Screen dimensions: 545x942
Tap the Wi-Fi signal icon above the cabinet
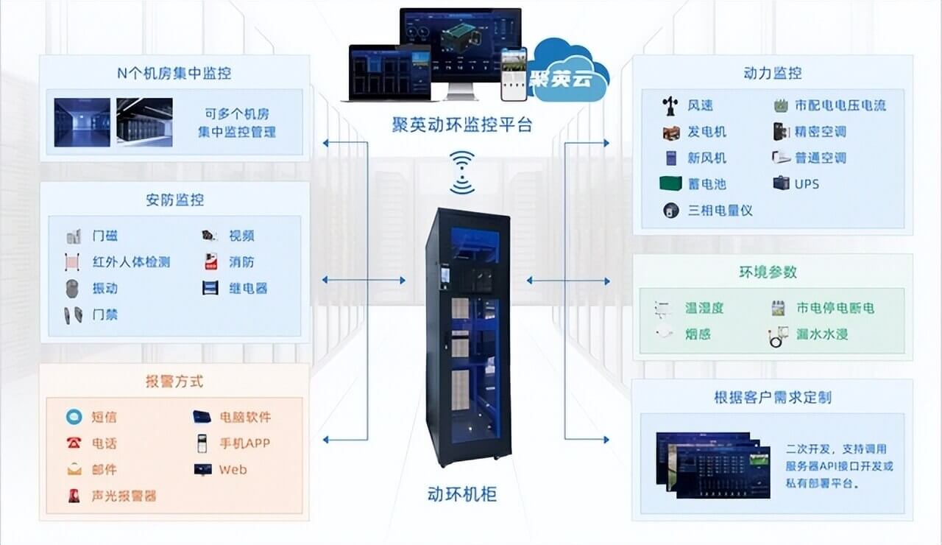[463, 172]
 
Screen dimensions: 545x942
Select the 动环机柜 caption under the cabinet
[461, 493]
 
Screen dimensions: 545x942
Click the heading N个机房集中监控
[174, 73]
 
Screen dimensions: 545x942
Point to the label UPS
[807, 183]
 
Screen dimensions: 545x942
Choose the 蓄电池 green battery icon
[670, 183]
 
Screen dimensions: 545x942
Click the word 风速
[700, 105]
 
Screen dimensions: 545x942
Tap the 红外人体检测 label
[131, 261]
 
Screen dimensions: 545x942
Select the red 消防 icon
[210, 261]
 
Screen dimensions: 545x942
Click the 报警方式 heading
[174, 381]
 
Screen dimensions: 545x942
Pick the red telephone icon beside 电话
[74, 443]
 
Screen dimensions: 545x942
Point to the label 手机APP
[244, 443]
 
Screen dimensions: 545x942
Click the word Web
[233, 469]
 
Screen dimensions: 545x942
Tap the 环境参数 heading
[768, 272]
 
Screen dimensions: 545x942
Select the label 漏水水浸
[822, 334]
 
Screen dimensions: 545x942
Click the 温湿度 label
[704, 308]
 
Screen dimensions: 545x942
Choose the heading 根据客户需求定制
[772, 397]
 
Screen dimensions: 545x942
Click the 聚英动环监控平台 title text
[461, 124]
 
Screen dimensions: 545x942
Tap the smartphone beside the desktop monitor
[514, 74]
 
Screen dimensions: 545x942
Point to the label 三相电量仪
[720, 210]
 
